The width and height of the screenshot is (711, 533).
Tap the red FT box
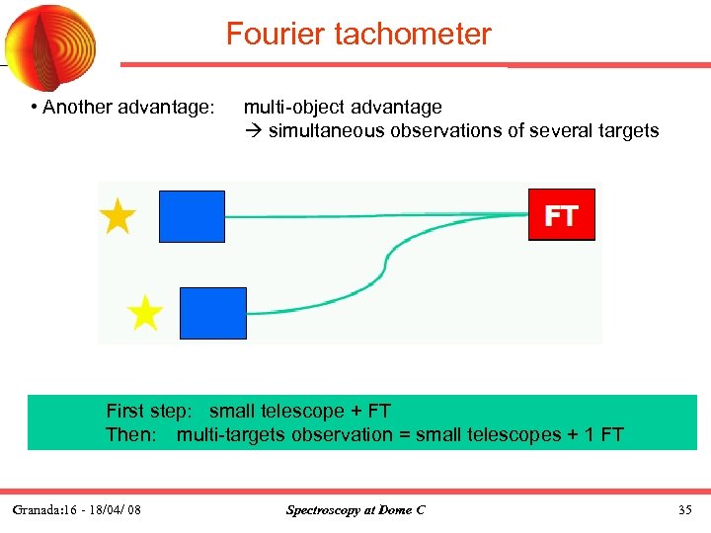click(x=561, y=215)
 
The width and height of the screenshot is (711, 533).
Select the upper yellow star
click(x=118, y=216)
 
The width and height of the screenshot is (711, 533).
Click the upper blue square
click(x=192, y=216)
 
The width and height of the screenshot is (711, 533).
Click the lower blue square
click(x=213, y=313)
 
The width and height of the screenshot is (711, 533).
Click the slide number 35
click(x=685, y=510)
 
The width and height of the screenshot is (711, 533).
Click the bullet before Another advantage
click(x=34, y=107)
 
